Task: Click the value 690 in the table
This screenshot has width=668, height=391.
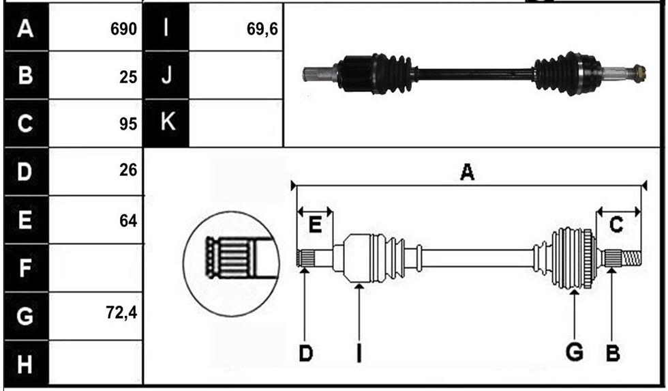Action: click(x=123, y=29)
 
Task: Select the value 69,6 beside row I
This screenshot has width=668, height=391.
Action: click(x=262, y=29)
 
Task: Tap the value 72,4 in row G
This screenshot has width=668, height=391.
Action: click(x=121, y=313)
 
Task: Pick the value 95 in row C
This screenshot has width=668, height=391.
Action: click(x=128, y=124)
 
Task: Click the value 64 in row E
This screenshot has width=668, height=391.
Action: click(x=128, y=221)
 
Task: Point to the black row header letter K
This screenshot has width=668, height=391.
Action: click(x=168, y=121)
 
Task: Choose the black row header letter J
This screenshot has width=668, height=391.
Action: click(x=167, y=75)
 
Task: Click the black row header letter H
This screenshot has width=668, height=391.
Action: click(x=25, y=365)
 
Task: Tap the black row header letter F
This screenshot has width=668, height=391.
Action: click(x=25, y=268)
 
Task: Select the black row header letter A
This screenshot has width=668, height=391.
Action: click(x=25, y=29)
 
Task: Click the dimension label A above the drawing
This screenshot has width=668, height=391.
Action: click(x=468, y=172)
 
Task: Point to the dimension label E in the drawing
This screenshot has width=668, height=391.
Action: click(x=315, y=225)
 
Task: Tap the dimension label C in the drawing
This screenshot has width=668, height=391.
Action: click(x=616, y=225)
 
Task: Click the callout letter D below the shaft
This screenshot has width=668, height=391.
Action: click(x=306, y=353)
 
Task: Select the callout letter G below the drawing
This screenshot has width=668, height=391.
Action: click(x=574, y=353)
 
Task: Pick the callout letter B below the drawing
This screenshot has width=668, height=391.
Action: click(x=613, y=353)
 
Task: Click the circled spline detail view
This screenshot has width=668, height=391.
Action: click(x=231, y=264)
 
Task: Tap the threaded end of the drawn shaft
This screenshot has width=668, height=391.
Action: click(x=631, y=258)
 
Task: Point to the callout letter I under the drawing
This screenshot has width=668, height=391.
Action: click(x=359, y=353)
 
